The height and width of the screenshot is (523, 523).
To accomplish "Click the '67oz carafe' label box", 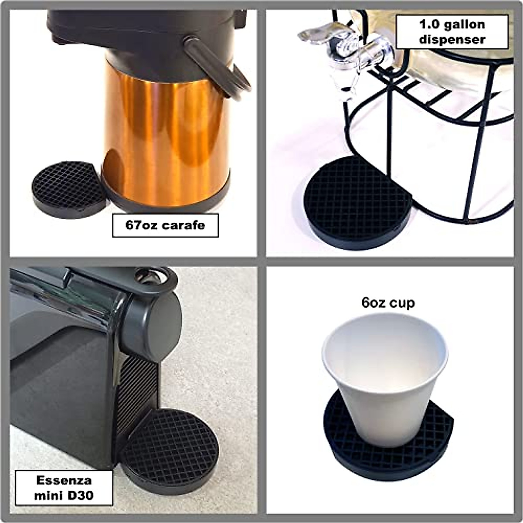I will [x=165, y=225].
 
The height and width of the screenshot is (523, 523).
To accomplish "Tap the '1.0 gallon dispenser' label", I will [x=452, y=31].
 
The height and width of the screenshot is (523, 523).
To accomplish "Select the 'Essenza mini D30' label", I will [x=64, y=488].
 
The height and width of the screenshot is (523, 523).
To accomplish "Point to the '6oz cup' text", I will [x=388, y=302].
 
